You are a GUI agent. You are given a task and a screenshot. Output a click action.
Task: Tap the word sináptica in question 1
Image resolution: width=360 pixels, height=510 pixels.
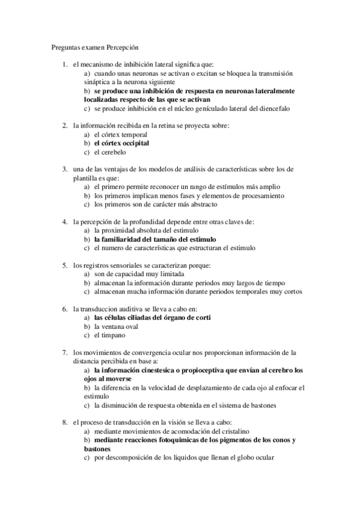[x=99, y=81]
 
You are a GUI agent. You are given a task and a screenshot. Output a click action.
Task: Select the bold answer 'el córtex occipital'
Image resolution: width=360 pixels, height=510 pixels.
[x=121, y=144]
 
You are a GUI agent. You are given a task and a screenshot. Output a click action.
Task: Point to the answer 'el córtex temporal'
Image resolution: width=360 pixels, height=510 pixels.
[x=120, y=135]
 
